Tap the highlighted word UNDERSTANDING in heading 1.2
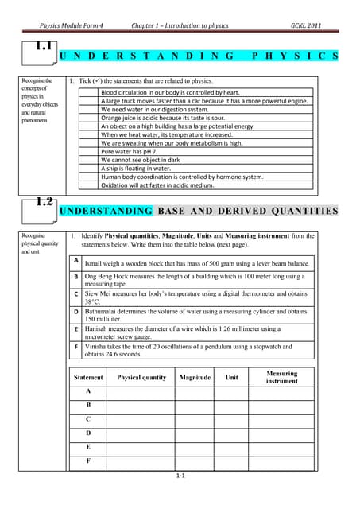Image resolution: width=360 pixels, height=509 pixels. (106, 211)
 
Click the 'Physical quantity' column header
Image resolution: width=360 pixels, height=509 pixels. (141, 378)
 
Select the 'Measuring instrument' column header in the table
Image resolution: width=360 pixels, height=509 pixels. (282, 377)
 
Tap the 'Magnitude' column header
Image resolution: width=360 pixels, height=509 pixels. (195, 378)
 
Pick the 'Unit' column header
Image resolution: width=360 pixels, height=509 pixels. (232, 378)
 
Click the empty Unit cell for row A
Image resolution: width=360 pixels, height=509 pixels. (232, 392)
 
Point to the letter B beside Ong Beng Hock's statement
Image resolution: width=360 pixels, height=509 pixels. (75, 277)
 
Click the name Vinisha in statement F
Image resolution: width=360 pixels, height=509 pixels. (96, 347)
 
